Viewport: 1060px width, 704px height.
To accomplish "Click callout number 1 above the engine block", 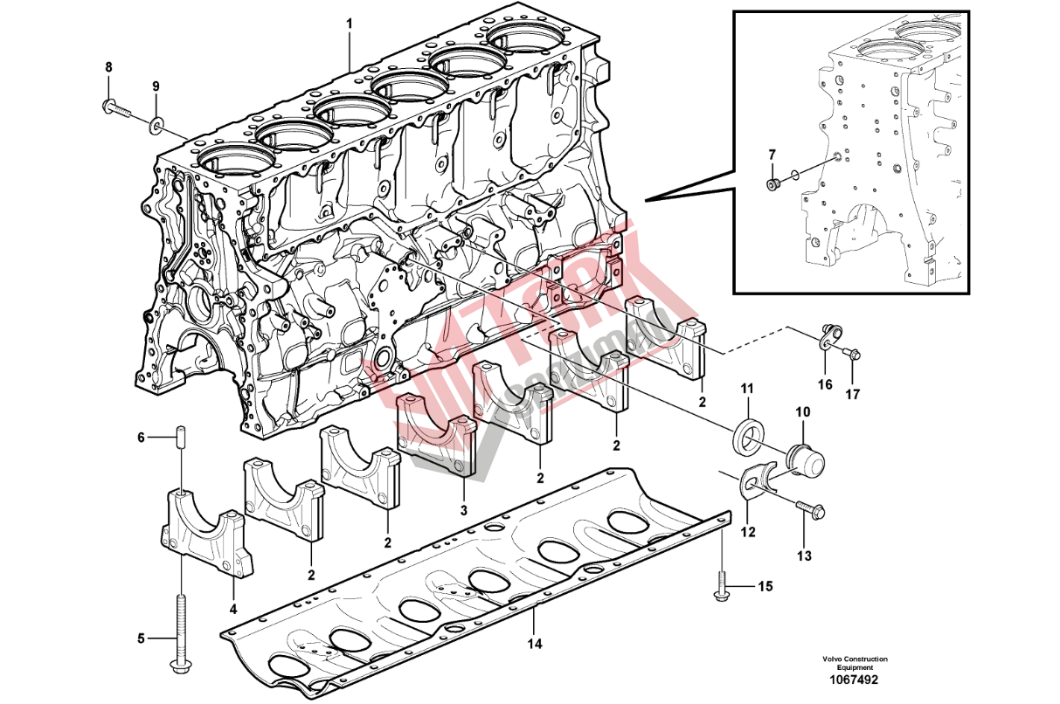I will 349,24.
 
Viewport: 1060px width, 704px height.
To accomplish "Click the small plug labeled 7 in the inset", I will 772,183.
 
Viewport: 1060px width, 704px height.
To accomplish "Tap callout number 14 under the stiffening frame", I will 535,644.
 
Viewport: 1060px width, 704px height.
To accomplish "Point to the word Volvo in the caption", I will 832,659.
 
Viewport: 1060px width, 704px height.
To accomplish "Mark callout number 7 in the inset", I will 772,155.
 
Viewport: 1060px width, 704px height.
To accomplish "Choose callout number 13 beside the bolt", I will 804,555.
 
